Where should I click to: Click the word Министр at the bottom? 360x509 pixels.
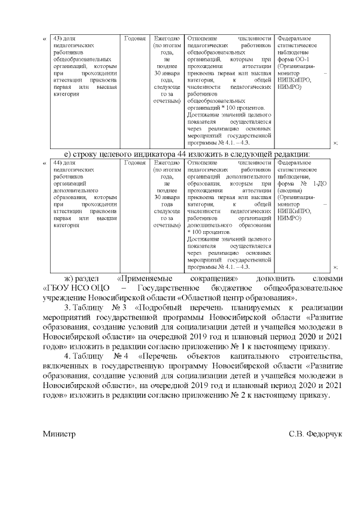[58, 434]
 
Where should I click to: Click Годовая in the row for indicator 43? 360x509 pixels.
[135, 38]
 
